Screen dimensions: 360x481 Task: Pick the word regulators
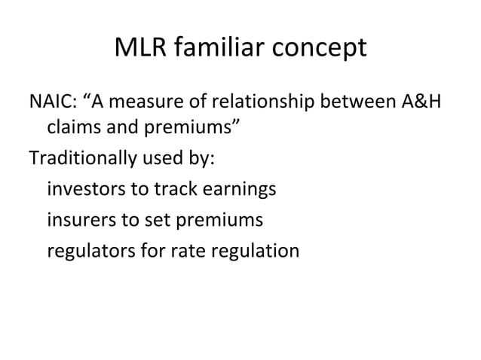point(91,249)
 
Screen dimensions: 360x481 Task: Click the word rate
point(188,249)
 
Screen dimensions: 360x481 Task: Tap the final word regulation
point(257,249)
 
